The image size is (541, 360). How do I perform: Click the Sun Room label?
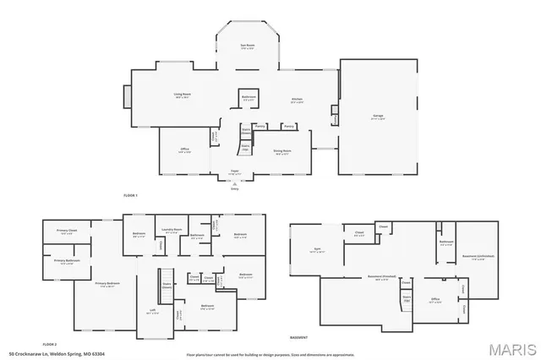[249, 47]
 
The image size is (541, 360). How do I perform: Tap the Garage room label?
[378, 117]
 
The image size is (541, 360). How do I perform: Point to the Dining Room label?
[281, 152]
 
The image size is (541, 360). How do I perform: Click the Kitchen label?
[297, 100]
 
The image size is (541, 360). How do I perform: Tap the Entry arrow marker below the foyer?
[235, 187]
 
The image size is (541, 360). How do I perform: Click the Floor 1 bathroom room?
[249, 98]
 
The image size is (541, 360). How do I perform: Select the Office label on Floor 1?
[184, 150]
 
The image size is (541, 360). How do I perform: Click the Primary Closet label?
[67, 232]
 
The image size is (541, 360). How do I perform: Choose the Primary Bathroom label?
[67, 261]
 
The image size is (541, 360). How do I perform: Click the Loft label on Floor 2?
[152, 311]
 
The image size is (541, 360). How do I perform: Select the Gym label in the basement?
[318, 250]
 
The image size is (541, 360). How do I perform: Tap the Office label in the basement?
[434, 298]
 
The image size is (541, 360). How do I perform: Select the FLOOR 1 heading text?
[130, 195]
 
